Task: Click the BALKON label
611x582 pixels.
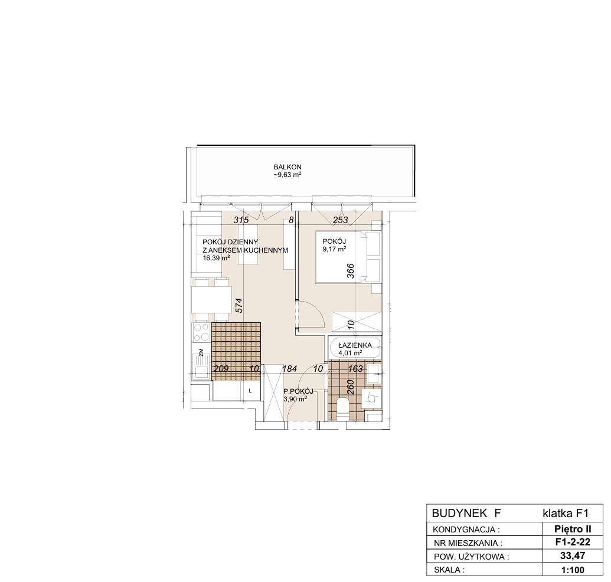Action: [x=287, y=167]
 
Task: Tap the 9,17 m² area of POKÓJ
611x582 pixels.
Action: [x=334, y=249]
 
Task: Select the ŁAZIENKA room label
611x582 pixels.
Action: [x=355, y=345]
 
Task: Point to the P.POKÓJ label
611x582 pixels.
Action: [x=298, y=391]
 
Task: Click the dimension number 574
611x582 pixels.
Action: [x=239, y=305]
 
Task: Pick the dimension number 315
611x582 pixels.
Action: [x=241, y=220]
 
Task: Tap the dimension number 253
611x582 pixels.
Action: [x=340, y=220]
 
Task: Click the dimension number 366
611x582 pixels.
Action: [x=350, y=271]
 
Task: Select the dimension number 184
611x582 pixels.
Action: [x=290, y=368]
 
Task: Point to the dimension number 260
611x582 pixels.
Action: [x=350, y=387]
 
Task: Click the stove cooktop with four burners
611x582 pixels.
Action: [x=201, y=332]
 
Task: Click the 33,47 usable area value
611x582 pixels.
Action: [x=573, y=555]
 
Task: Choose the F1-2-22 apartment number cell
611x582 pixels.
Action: [x=573, y=542]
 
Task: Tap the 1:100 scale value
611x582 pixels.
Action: [x=573, y=570]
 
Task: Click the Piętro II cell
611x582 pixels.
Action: [x=573, y=529]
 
